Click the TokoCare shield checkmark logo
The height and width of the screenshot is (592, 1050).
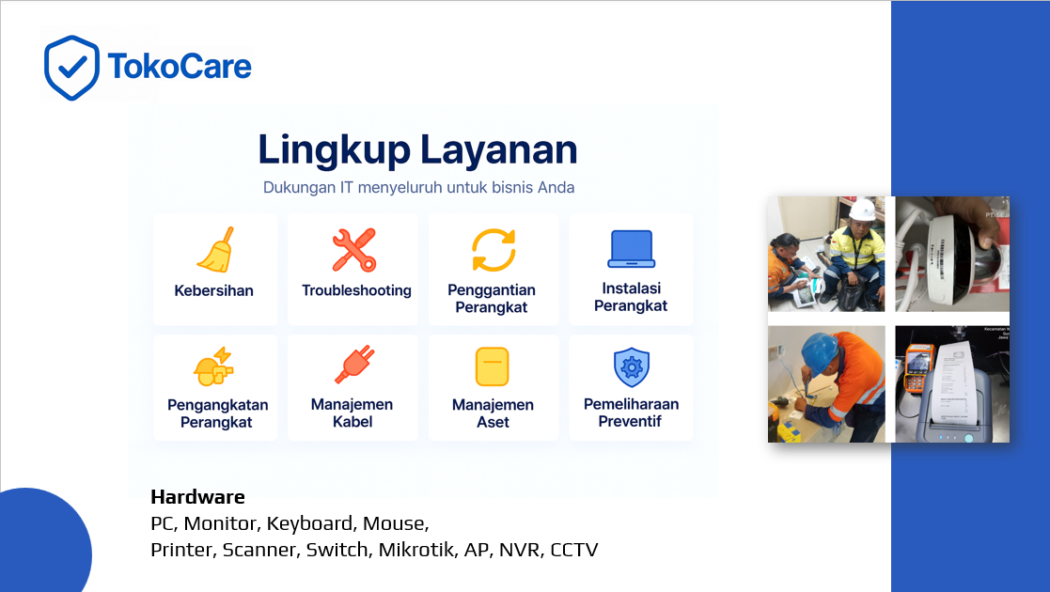71,67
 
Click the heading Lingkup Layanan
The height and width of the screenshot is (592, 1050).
417,149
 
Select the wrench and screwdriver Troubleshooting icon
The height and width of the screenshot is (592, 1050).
354,249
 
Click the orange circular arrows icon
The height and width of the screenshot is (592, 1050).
494,249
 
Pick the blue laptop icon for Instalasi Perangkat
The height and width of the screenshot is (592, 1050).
630,249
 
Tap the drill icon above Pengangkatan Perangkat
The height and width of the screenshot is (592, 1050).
213,366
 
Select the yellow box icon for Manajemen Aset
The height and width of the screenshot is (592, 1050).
493,366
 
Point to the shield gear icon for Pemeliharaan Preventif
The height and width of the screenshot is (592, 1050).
631,366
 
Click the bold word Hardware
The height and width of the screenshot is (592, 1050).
197,497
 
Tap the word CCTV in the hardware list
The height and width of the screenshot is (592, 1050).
573,550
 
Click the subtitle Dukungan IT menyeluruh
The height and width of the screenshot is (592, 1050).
418,187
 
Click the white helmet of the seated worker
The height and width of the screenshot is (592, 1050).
862,209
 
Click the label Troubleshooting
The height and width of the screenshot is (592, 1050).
356,290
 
